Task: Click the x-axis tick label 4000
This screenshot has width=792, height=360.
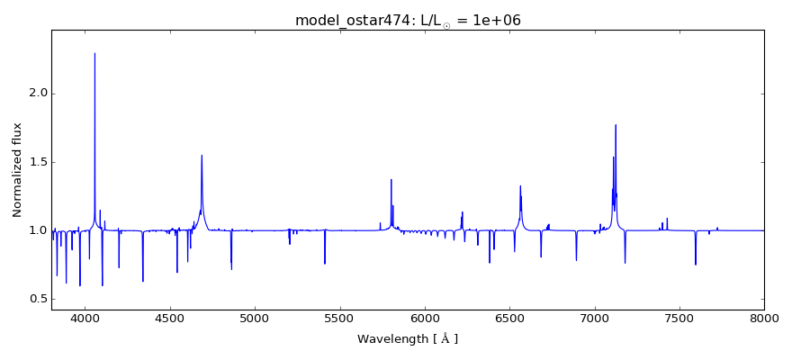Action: click(85, 320)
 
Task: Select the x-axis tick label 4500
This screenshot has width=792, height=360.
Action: click(170, 320)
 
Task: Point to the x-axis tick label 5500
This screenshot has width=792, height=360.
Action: click(340, 320)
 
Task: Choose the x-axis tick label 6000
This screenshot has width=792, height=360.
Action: click(425, 320)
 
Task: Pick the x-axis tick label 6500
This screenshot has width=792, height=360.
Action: click(509, 320)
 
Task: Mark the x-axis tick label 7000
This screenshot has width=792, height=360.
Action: click(595, 320)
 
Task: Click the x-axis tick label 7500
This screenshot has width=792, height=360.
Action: click(679, 320)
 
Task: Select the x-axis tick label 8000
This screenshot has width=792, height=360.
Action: click(764, 320)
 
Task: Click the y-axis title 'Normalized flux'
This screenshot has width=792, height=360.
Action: click(17, 170)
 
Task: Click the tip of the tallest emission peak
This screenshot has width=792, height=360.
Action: click(94, 53)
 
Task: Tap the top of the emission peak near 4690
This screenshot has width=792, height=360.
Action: click(202, 155)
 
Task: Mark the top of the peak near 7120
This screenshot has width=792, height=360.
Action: click(616, 125)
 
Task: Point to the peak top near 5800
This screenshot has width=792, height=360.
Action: click(391, 179)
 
